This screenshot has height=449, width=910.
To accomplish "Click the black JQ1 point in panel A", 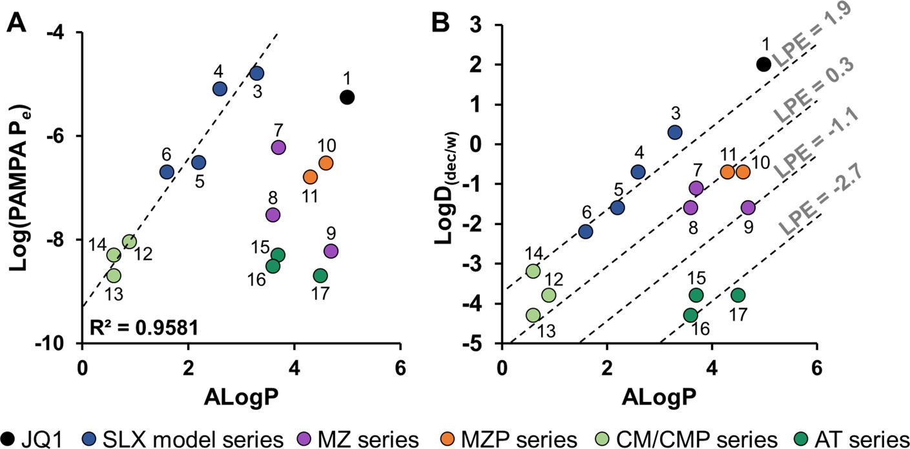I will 347,97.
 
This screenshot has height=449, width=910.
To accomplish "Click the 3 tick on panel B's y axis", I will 482,25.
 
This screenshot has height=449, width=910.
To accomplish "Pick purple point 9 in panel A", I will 331,251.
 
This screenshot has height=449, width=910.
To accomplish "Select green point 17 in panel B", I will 738,295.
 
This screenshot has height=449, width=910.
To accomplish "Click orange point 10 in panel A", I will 326,163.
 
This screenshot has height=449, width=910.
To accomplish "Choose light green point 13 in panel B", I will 533,315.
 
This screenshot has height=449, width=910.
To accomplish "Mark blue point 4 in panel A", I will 220,89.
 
